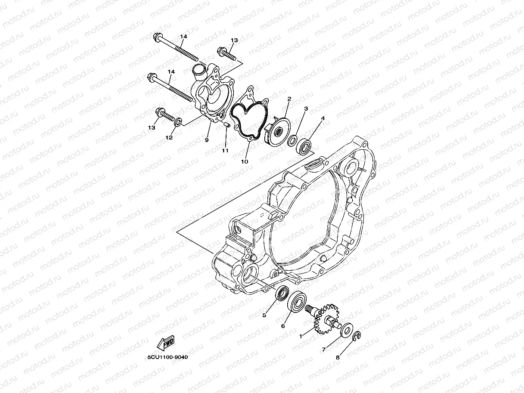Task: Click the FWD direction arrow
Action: pyautogui.click(x=166, y=343)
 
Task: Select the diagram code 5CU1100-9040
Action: pyautogui.click(x=167, y=357)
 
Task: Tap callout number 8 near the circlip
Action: pyautogui.click(x=338, y=357)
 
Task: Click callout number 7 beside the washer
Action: pyautogui.click(x=324, y=350)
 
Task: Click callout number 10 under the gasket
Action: pyautogui.click(x=245, y=162)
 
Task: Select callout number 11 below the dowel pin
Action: pyautogui.click(x=224, y=151)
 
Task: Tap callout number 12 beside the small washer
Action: pyautogui.click(x=169, y=137)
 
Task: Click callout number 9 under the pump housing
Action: pyautogui.click(x=207, y=140)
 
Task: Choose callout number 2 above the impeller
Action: pyautogui.click(x=289, y=99)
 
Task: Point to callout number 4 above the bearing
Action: pyautogui.click(x=322, y=118)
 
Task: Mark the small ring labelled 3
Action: pyautogui.click(x=292, y=140)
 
